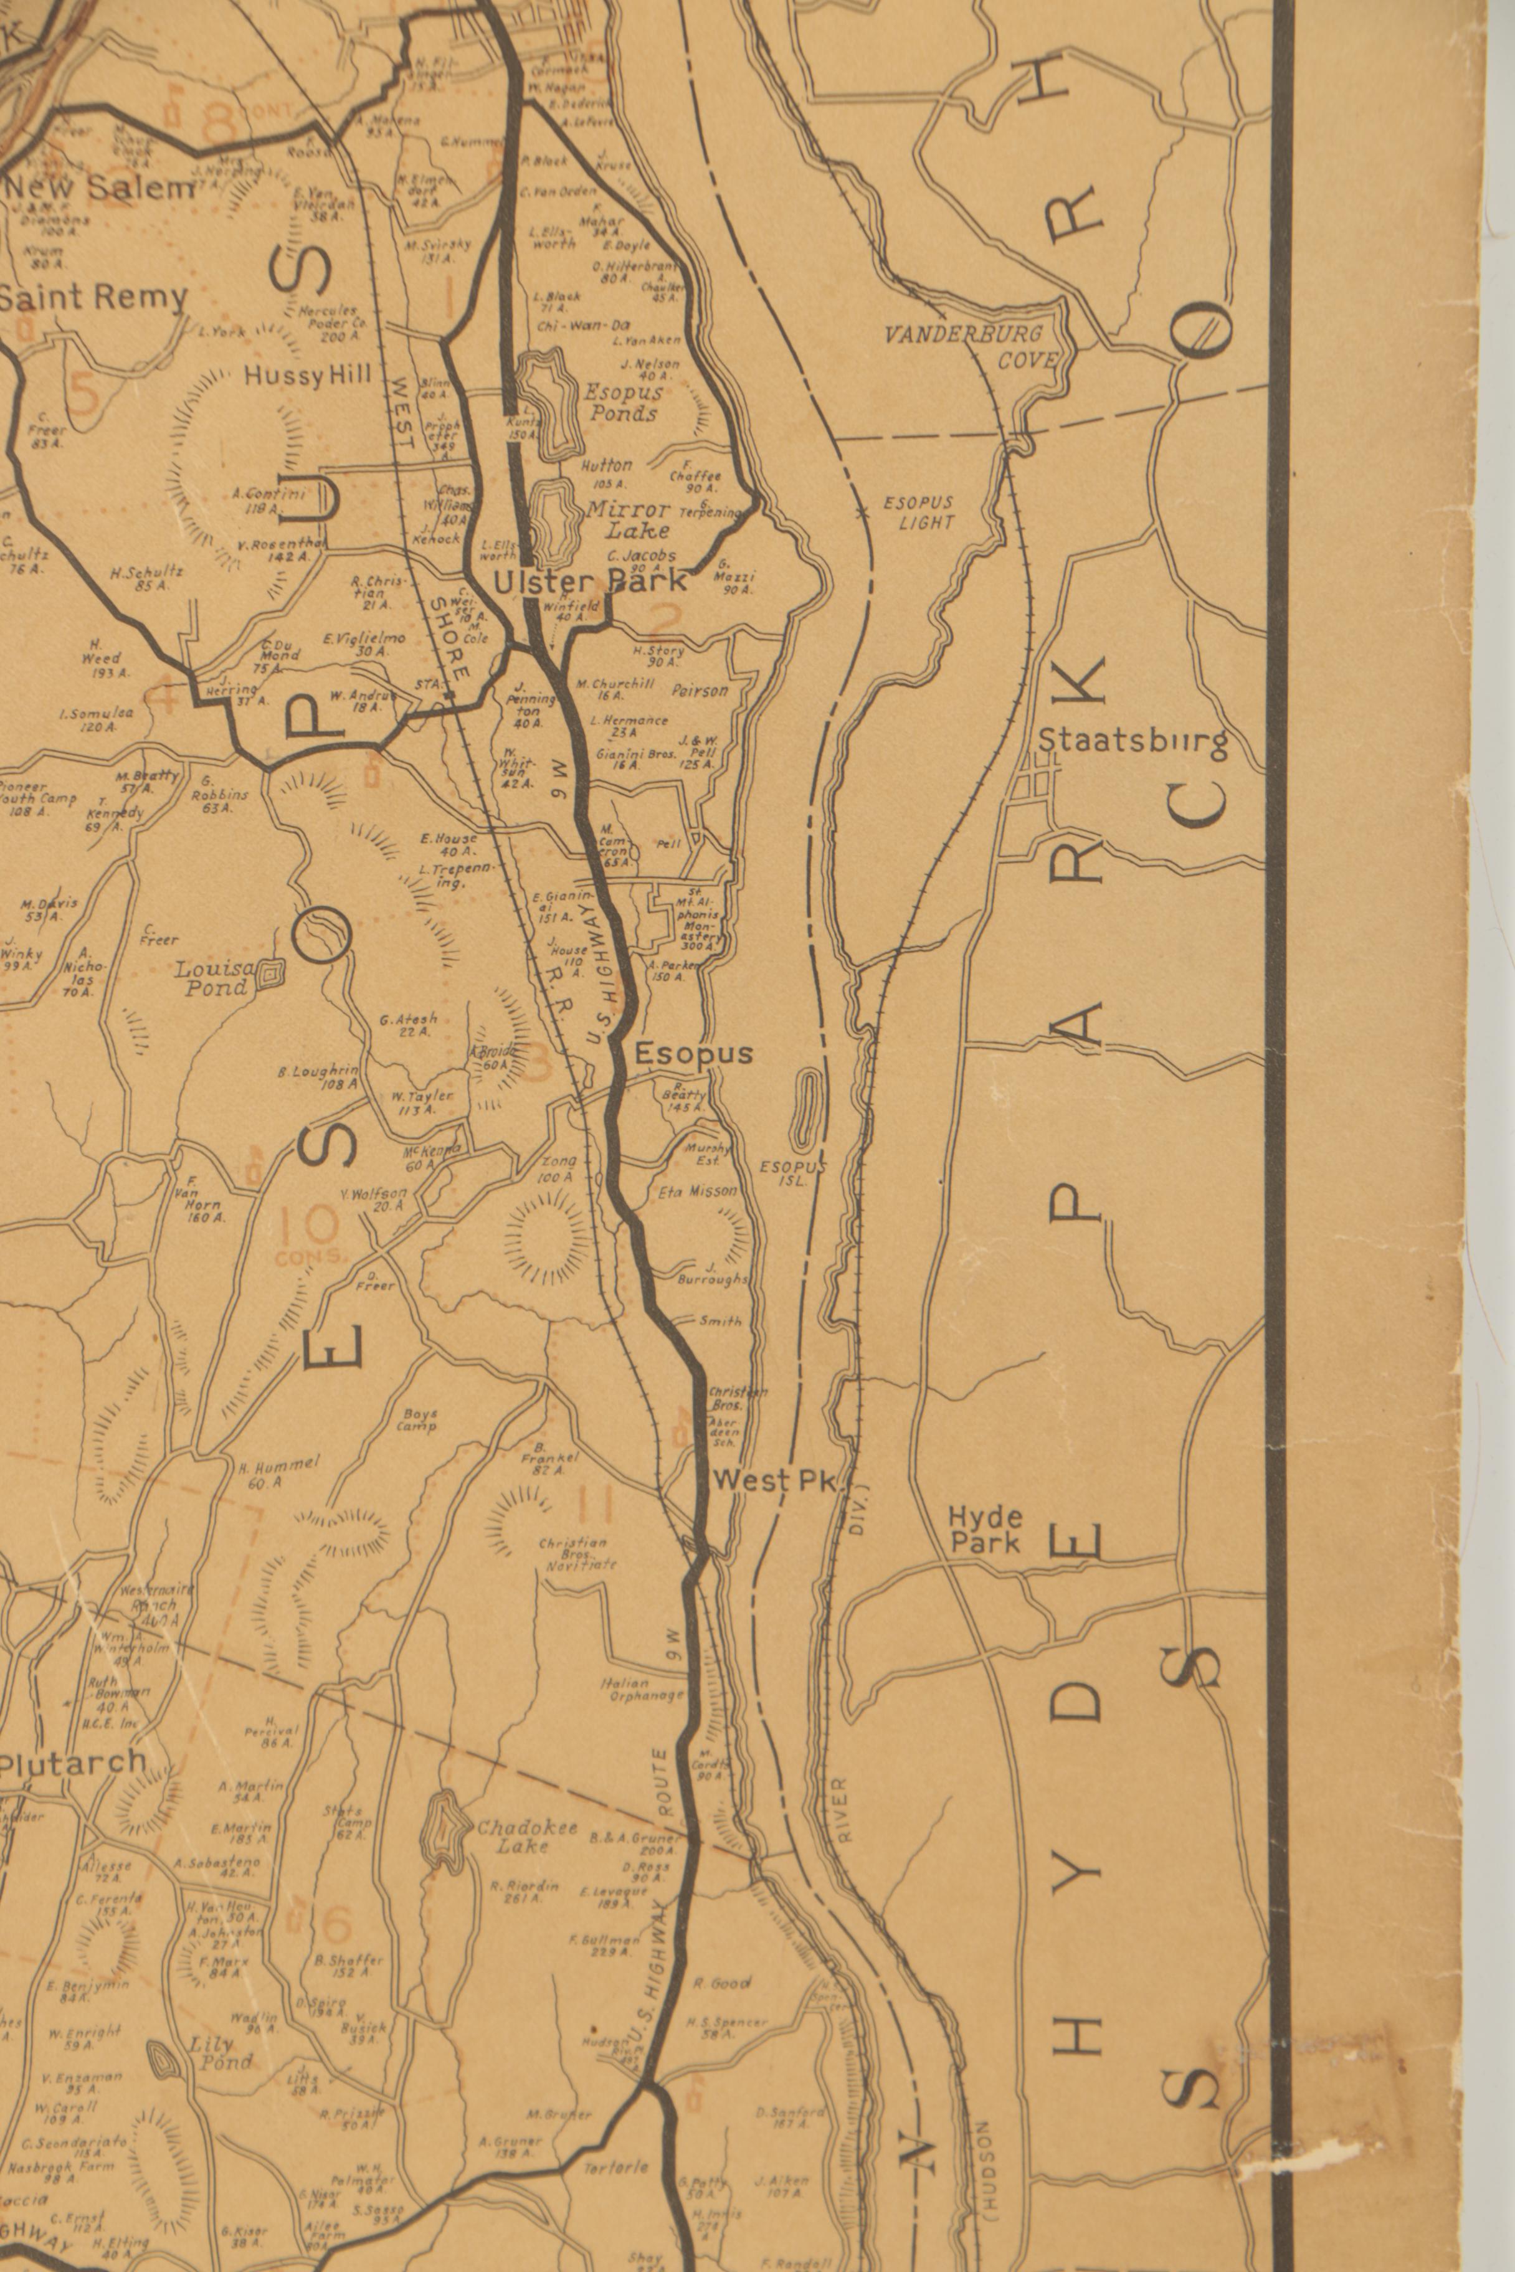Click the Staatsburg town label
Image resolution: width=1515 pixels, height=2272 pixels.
pyautogui.click(x=1133, y=742)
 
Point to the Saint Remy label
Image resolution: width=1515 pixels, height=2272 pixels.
pyautogui.click(x=93, y=298)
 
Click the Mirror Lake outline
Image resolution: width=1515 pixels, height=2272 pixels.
pyautogui.click(x=550, y=523)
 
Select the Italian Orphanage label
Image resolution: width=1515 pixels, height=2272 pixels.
pyautogui.click(x=642, y=1688)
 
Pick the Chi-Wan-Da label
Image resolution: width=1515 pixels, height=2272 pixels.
pyautogui.click(x=576, y=326)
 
